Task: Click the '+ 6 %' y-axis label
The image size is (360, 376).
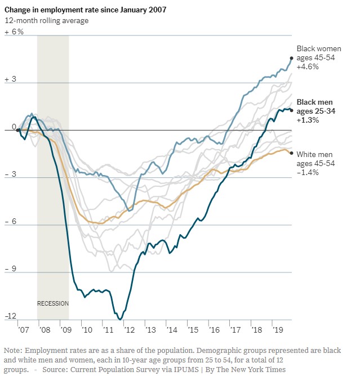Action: click(x=14, y=32)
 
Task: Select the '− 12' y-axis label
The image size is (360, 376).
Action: click(x=12, y=316)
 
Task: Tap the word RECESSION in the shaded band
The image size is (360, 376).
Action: click(x=52, y=303)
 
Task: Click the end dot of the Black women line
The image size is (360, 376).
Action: click(x=291, y=58)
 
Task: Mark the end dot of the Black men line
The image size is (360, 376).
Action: click(x=291, y=110)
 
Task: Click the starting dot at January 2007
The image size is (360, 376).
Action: click(x=18, y=130)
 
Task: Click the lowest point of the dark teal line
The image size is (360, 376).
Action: click(x=119, y=319)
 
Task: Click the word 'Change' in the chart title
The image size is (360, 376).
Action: click(x=19, y=9)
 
